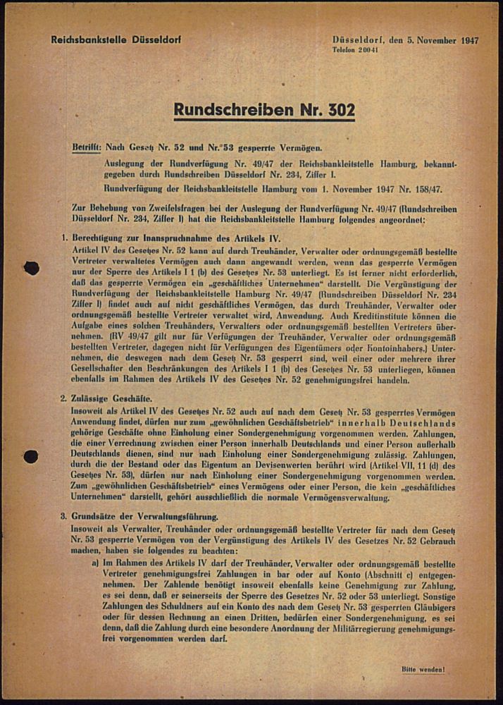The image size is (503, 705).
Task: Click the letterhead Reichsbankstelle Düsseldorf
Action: click(116, 40)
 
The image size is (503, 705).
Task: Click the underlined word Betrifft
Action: click(86, 148)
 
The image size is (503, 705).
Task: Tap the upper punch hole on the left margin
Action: click(31, 267)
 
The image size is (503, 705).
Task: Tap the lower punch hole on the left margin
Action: click(31, 456)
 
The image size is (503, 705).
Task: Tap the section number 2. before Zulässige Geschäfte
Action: click(64, 398)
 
